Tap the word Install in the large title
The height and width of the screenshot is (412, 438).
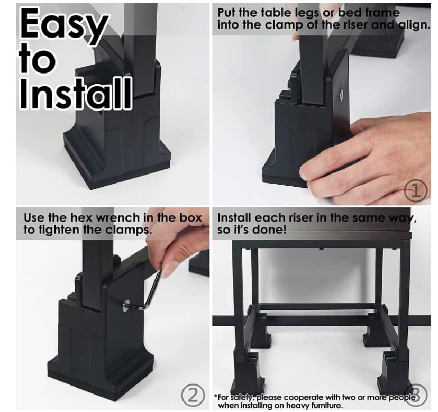pos(76,93)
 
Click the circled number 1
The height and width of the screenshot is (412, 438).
pos(416,191)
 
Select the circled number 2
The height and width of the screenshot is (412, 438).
pos(193,396)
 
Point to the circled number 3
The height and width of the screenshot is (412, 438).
pos(416,395)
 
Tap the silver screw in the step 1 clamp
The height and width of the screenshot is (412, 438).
pos(341,95)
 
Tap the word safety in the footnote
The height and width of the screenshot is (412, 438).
pos(243,397)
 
